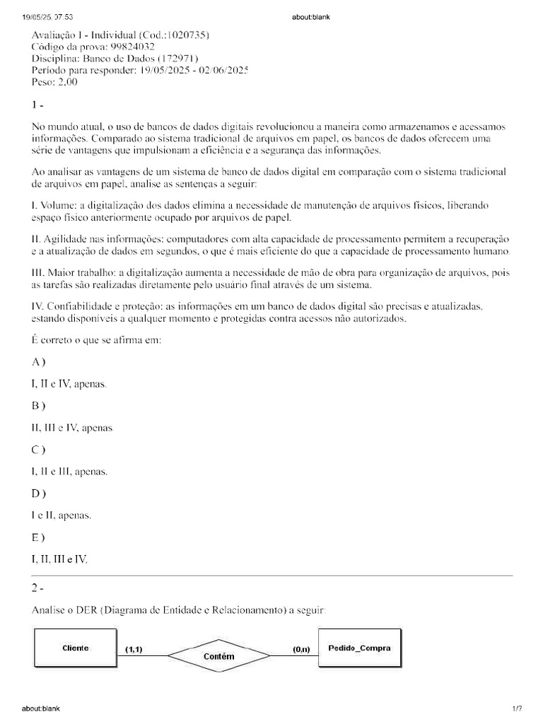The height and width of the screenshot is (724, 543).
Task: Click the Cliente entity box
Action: coord(74,648)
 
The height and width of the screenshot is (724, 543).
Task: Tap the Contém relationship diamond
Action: coord(218,656)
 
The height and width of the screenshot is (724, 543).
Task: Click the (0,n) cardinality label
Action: coord(300,648)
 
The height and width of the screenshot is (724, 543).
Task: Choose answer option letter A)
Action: coord(38,363)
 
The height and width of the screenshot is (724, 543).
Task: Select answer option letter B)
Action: coord(38,406)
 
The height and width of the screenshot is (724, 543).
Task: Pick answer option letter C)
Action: coord(38,449)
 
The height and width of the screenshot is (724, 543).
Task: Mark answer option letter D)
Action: coord(38,492)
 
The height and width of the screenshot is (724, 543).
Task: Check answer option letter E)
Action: coord(38,536)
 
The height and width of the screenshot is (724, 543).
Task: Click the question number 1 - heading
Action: coord(38,104)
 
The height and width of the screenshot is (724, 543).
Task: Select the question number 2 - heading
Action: coord(38,588)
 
